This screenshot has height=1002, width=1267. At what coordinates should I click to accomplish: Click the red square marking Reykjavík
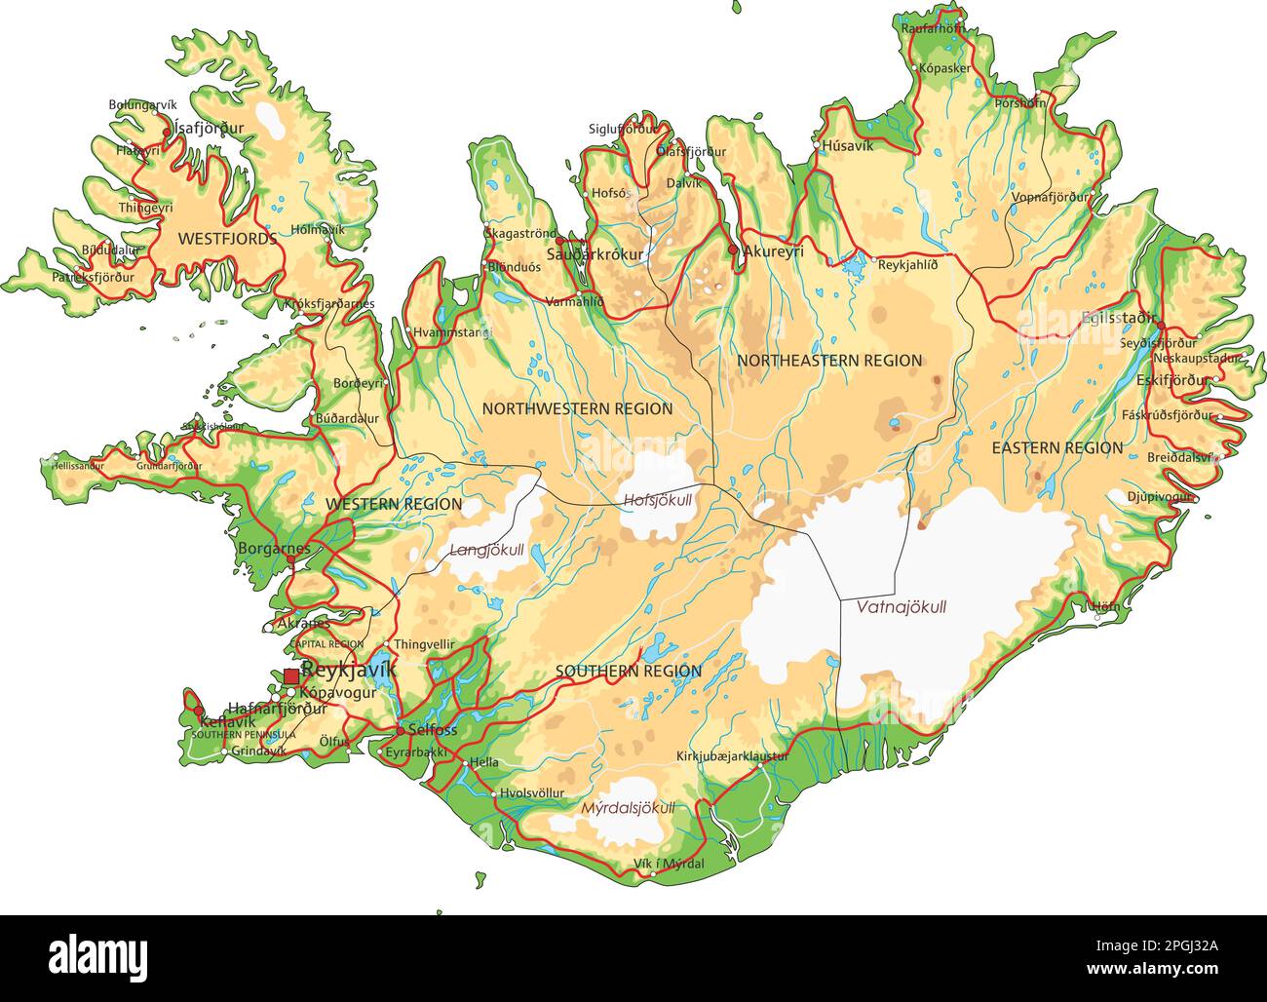291,675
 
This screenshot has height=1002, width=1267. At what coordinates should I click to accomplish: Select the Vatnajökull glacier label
901,607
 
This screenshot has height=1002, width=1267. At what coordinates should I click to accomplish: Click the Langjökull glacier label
486,550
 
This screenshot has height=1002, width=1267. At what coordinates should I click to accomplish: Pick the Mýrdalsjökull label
627,808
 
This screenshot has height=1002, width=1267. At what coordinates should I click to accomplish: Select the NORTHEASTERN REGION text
828,361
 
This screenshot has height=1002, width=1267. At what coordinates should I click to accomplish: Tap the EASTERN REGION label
1056,448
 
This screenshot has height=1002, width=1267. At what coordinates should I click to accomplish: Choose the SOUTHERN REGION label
628,672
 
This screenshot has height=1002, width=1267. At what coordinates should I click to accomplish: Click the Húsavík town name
847,146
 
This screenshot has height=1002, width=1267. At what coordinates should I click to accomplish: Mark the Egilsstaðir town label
1118,318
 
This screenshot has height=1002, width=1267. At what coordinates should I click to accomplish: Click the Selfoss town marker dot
400,730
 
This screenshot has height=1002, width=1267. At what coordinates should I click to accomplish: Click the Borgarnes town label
273,549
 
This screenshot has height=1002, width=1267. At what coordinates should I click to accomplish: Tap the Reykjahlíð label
907,264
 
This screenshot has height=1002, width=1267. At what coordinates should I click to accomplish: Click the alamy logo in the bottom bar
97,958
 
